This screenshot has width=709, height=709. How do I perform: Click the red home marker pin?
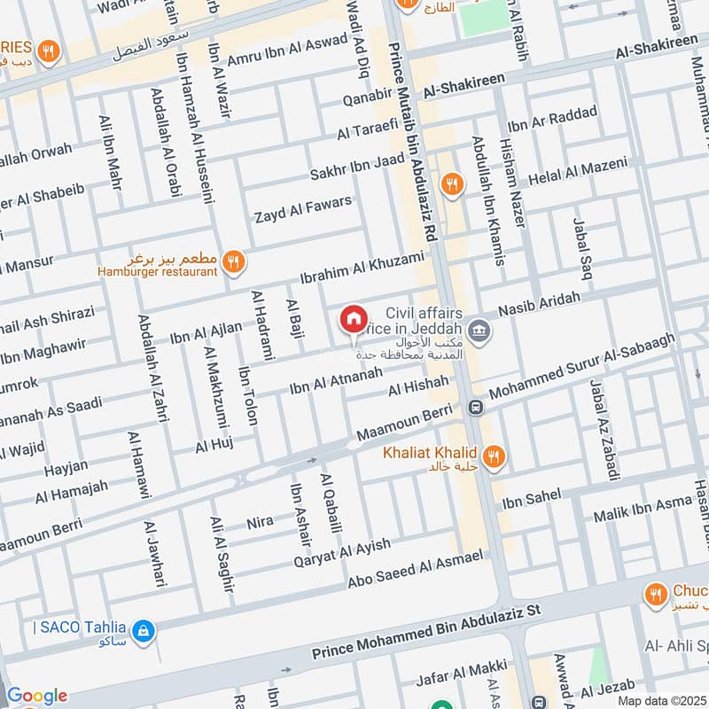[x=353, y=319]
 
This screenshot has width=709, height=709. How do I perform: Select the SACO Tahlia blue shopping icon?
[x=144, y=632]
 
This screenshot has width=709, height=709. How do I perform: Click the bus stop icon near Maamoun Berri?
[x=475, y=408]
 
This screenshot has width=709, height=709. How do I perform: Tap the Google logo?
[x=36, y=696]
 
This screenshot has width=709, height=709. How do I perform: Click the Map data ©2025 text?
[x=661, y=700]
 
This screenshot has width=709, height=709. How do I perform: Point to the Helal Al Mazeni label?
[x=577, y=171]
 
